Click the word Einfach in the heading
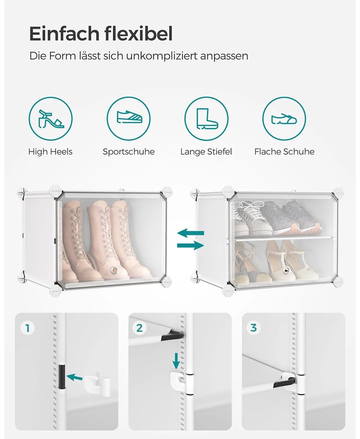tap(65, 34)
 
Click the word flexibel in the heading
tap(139, 34)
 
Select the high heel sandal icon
tap(51, 119)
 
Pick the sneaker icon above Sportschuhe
tap(129, 117)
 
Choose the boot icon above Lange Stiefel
tap(206, 119)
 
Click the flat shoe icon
tap(284, 119)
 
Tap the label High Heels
tap(50, 152)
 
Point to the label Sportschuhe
tap(129, 152)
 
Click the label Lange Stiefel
tap(206, 152)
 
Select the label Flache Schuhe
tap(284, 152)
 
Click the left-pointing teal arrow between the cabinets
tap(191, 233)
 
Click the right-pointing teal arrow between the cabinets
tap(190, 245)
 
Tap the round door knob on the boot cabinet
tap(114, 270)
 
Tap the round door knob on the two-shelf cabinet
tap(286, 270)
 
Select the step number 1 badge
tap(28, 328)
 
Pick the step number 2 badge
tap(139, 328)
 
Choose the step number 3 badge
tap(254, 328)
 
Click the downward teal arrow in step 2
tap(176, 361)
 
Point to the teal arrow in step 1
tap(75, 377)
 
